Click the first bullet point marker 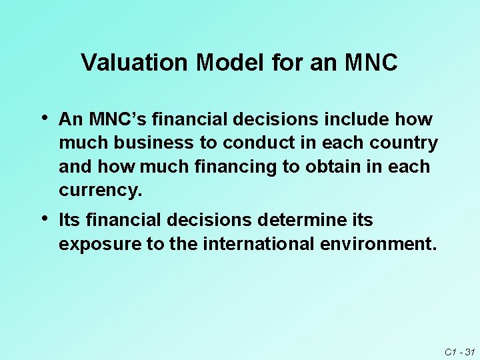tap(44, 119)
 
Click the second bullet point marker tap(44, 219)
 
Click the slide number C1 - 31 tap(459, 350)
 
